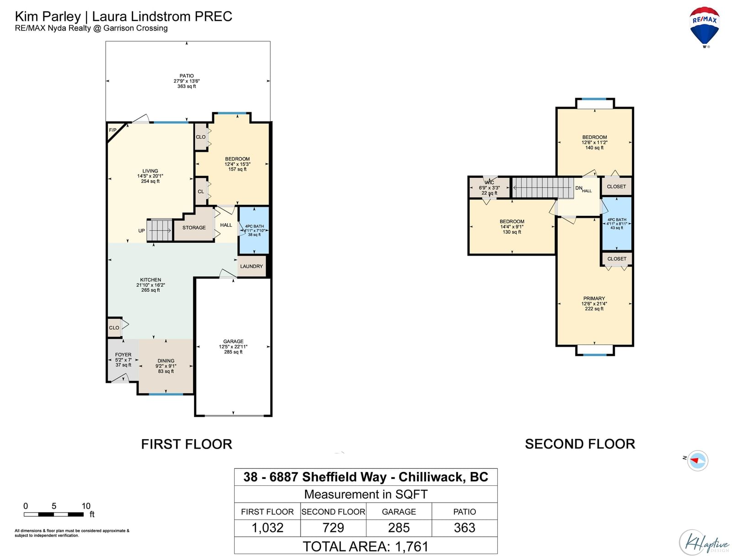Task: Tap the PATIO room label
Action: (186, 76)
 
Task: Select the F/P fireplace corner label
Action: (113, 130)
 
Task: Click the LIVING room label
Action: (150, 171)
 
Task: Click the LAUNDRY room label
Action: (252, 266)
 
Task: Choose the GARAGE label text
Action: (233, 341)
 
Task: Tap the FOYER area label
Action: (123, 354)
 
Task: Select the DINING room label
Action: (166, 361)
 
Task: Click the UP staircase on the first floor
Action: (160, 230)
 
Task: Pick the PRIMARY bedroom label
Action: (594, 298)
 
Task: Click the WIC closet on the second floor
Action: (489, 188)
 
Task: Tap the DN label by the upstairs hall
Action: (579, 188)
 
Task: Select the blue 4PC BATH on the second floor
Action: (617, 224)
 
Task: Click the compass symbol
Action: (697, 461)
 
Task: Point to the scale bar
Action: (54, 515)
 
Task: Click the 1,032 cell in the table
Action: (267, 528)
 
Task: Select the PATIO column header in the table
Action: (464, 512)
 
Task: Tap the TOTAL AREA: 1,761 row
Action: (366, 547)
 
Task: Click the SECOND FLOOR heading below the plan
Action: (580, 444)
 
